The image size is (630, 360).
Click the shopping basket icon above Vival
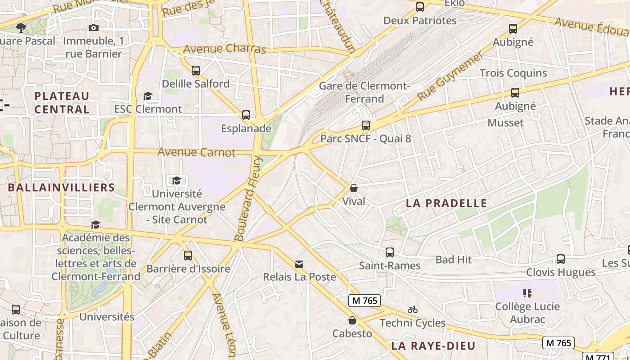tap(354, 188)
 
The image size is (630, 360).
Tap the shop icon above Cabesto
tap(352, 320)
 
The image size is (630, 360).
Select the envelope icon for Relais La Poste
tap(299, 264)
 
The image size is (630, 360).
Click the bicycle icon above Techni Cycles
tap(413, 310)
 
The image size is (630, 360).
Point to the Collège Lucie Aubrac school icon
tap(527, 293)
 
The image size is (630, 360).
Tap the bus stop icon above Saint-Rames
tap(390, 252)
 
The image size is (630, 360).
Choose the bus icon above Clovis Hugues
tap(561, 259)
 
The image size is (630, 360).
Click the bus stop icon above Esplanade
tap(246, 115)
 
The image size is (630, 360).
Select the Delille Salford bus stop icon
tap(196, 71)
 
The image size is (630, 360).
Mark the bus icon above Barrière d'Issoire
tap(188, 256)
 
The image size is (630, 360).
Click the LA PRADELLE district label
tap(446, 203)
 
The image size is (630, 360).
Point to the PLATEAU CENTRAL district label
tap(62, 103)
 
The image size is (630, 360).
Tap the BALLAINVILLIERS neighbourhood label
tap(61, 188)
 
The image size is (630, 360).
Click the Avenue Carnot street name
tap(196, 152)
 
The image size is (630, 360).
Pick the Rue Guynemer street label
tap(450, 76)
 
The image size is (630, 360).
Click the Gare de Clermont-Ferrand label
tap(364, 92)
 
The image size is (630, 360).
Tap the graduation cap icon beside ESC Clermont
tap(148, 96)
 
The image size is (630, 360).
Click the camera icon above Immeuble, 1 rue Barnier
tap(94, 28)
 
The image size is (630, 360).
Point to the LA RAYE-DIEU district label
tap(433, 346)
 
